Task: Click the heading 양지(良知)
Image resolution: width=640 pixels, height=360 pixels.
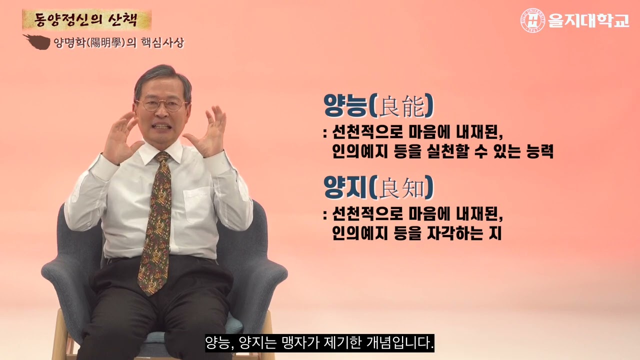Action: click(378, 187)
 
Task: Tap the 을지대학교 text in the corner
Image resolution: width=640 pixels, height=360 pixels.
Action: click(588, 20)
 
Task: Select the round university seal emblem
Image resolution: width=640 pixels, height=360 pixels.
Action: click(533, 20)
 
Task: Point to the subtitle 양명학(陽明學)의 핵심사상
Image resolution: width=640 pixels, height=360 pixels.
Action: click(118, 43)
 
